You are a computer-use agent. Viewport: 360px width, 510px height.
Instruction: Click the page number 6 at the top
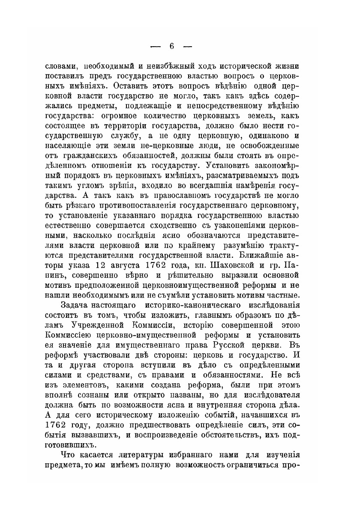point(171,46)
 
